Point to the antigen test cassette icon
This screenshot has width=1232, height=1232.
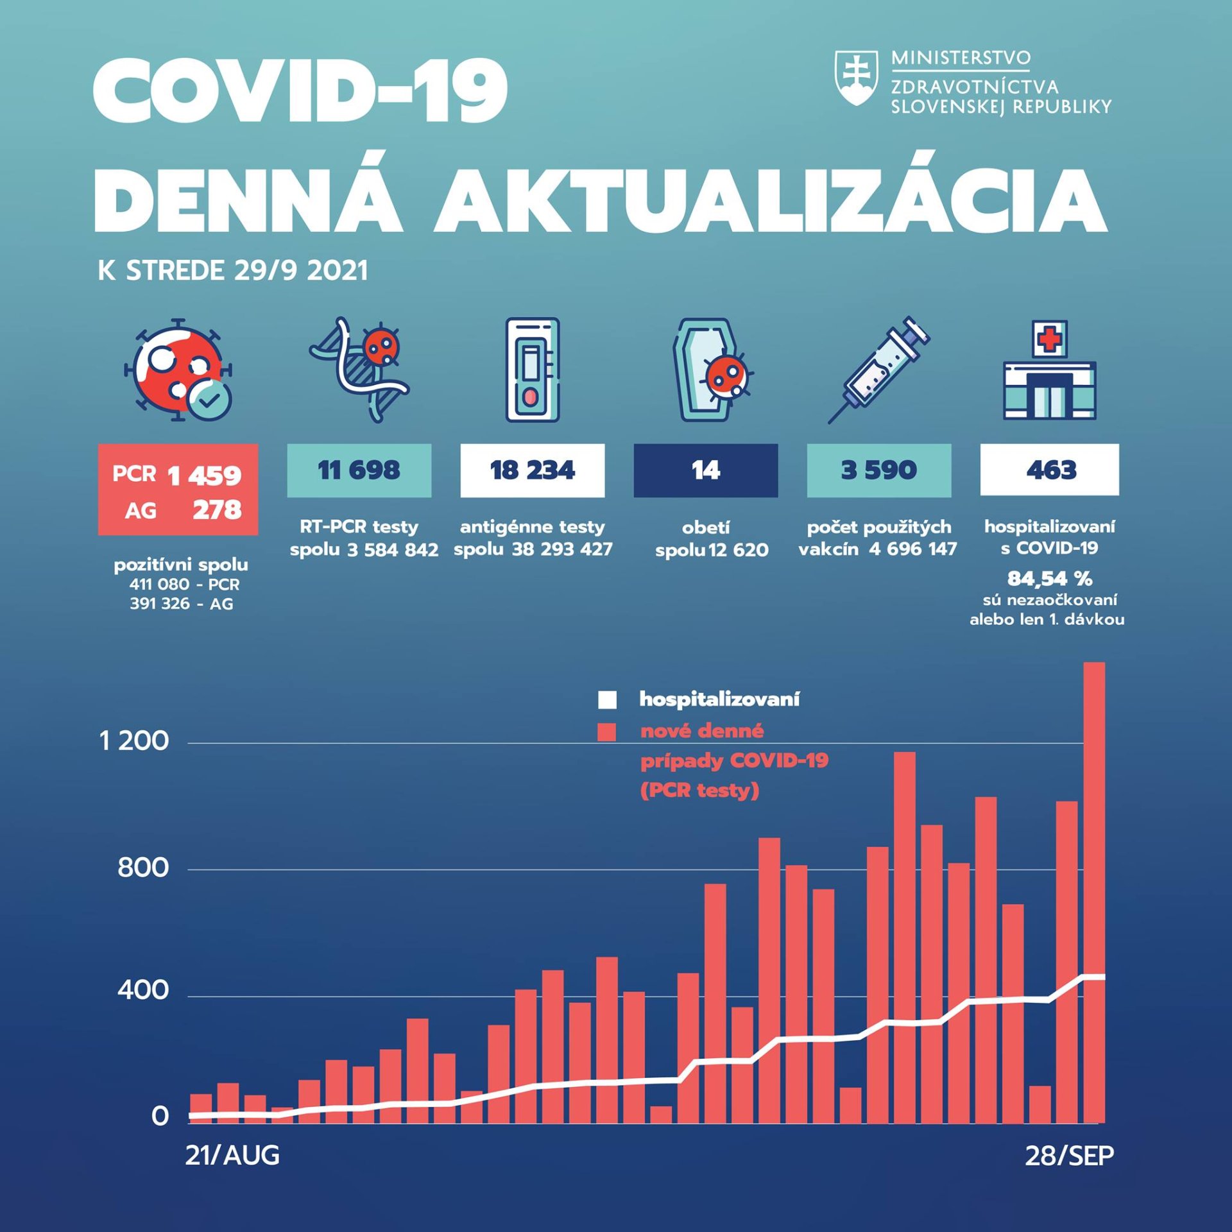pyautogui.click(x=532, y=370)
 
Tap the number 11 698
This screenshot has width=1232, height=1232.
pyautogui.click(x=359, y=470)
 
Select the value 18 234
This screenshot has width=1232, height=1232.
pyautogui.click(x=532, y=470)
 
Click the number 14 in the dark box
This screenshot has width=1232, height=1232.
pyautogui.click(x=705, y=470)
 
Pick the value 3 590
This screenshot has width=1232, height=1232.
pyautogui.click(x=878, y=470)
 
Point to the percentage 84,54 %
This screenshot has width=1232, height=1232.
pyautogui.click(x=1049, y=579)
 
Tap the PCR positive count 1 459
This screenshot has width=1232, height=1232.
pyautogui.click(x=204, y=475)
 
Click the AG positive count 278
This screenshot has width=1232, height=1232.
pyautogui.click(x=217, y=510)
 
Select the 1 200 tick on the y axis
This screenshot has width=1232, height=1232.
pyautogui.click(x=134, y=742)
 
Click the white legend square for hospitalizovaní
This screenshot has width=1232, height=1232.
pyautogui.click(x=607, y=699)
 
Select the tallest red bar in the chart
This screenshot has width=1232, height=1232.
pyautogui.click(x=1094, y=898)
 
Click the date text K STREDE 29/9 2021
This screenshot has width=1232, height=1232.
pyautogui.click(x=233, y=271)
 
